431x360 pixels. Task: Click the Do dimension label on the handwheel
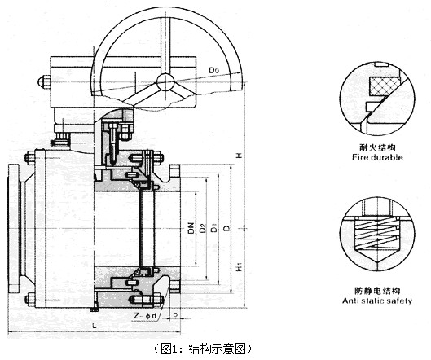(213, 70)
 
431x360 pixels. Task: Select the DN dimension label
(191, 228)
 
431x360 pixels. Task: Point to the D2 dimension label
(203, 228)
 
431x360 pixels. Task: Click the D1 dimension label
(214, 228)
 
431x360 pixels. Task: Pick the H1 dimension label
(240, 267)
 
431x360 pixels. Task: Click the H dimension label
(240, 156)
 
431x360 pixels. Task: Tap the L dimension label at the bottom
(95, 326)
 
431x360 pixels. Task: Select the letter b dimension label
(175, 314)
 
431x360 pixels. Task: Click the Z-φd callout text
(145, 316)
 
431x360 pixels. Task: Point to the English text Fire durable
(377, 157)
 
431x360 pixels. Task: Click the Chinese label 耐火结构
(377, 147)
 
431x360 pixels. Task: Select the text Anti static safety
(377, 301)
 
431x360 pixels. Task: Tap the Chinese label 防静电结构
(377, 291)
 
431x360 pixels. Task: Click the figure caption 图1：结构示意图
(203, 349)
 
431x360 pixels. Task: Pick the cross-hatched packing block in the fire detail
(384, 86)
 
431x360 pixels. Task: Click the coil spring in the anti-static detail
(376, 233)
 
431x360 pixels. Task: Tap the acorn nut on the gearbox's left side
(43, 81)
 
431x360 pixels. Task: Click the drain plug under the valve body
(95, 308)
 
